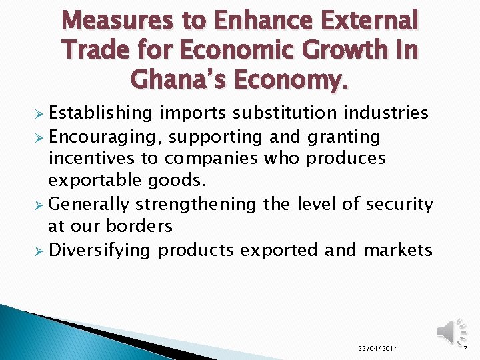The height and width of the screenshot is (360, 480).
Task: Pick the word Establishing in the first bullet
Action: coord(99,113)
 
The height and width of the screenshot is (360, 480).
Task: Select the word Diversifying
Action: coord(100,250)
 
